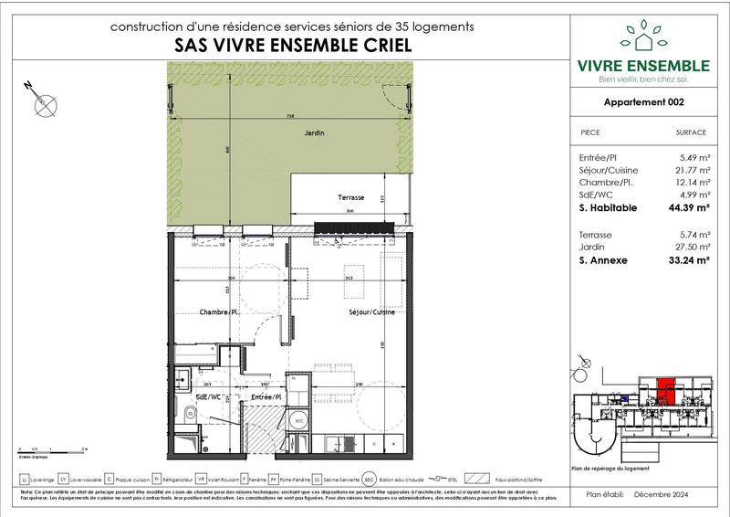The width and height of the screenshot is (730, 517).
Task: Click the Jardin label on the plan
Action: (315, 133)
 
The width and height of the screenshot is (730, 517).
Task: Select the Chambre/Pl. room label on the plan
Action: (219, 312)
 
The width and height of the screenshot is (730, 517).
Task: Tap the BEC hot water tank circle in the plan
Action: (297, 421)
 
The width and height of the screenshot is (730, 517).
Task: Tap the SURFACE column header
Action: (691, 132)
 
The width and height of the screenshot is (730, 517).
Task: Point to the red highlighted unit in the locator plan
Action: (667, 392)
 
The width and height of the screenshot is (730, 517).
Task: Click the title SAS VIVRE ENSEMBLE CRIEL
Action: (291, 46)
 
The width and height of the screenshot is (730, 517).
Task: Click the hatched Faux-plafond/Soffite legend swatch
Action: (475, 479)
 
